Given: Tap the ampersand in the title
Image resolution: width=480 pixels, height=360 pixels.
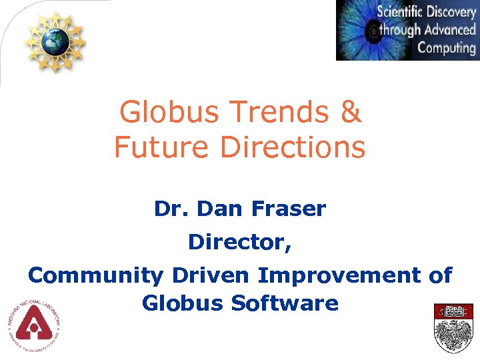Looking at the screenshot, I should click(351, 113).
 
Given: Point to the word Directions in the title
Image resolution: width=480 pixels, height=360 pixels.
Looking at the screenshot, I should click(293, 147).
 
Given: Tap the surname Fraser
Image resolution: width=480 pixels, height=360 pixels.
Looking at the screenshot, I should click(289, 209).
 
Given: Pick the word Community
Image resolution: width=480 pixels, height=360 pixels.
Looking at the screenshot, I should click(96, 275).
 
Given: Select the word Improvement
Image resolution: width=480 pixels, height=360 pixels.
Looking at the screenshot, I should click(338, 275).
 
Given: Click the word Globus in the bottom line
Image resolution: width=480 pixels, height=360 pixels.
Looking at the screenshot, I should click(183, 304).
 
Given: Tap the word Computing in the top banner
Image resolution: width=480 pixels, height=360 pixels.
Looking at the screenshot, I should click(446, 48).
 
